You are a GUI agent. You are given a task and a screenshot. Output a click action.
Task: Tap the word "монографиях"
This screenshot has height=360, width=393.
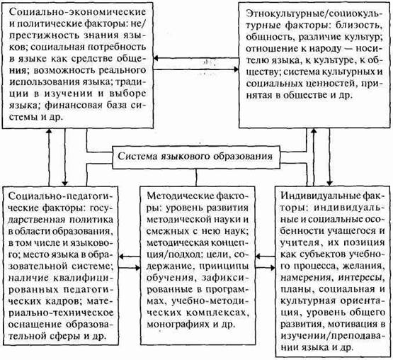click(x=178, y=325)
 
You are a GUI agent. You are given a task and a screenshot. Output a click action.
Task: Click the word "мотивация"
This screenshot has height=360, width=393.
click(x=352, y=324)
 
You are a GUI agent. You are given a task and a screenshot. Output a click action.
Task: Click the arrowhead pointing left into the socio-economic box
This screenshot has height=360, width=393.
click(x=156, y=58)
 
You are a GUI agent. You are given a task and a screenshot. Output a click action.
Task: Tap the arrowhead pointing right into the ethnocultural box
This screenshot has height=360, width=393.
click(x=236, y=69)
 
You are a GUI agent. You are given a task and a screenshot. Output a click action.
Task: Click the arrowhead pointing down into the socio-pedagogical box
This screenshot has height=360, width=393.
click(x=65, y=184)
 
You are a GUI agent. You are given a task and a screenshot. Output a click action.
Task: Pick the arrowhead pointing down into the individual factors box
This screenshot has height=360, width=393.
click(x=329, y=183)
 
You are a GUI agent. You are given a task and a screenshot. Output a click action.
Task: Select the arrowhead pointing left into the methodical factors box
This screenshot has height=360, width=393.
click(x=258, y=257)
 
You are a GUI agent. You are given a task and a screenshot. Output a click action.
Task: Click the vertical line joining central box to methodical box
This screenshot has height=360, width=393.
click(x=196, y=177)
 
